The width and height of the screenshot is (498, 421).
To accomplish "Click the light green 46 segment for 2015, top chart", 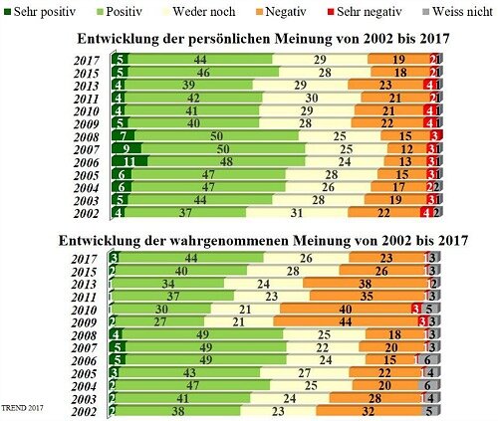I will click(x=203, y=73).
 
